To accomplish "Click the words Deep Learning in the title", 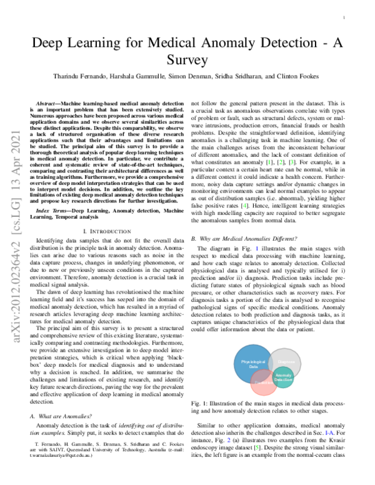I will (x=72, y=44).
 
